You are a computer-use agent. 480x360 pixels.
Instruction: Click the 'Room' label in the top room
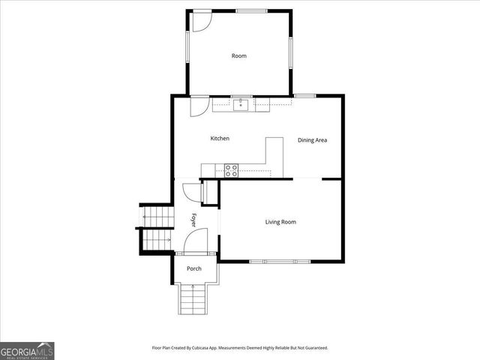238,56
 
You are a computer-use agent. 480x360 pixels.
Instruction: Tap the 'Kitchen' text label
220,139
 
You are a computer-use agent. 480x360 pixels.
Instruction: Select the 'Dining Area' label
312,140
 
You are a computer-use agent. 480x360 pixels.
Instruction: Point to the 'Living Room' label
280,222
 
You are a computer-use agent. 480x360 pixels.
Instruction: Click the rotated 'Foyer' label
193,220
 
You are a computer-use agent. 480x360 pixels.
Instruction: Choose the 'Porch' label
194,268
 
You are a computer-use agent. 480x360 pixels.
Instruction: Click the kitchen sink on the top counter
241,104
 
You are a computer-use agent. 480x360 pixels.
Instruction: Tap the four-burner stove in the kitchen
231,170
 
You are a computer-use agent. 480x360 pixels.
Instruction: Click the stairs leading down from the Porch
191,300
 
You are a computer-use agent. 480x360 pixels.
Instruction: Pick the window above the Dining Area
304,95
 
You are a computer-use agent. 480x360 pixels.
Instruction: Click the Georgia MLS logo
27,350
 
